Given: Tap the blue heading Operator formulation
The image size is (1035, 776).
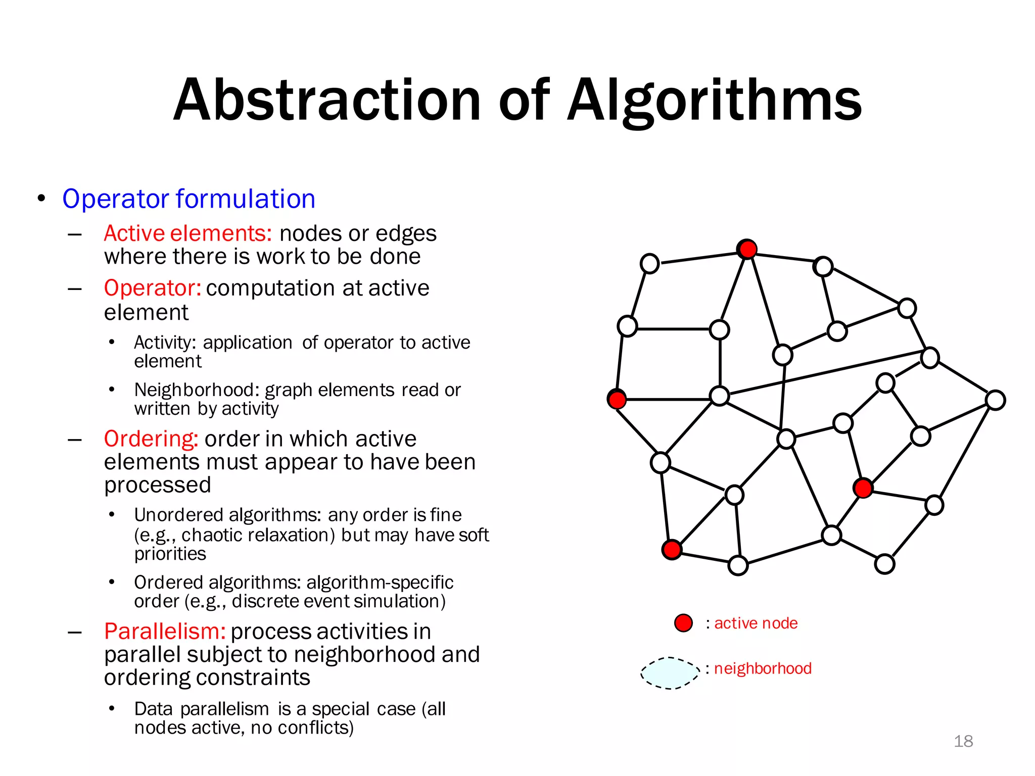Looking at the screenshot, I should pyautogui.click(x=189, y=199).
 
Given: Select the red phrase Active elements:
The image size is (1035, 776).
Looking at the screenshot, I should pyautogui.click(x=188, y=233).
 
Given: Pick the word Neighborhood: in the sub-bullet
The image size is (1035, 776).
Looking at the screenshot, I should pyautogui.click(x=197, y=390).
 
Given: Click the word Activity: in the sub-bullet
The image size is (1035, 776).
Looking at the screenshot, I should pyautogui.click(x=165, y=343).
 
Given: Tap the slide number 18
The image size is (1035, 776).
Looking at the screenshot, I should pyautogui.click(x=963, y=741).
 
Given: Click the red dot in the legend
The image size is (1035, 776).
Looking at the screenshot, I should pyautogui.click(x=683, y=623).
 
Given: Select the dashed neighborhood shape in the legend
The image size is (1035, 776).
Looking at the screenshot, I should pyautogui.click(x=670, y=673).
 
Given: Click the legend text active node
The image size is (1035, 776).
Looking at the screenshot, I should pyautogui.click(x=756, y=623).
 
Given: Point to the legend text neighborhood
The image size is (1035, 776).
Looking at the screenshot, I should pyautogui.click(x=763, y=668).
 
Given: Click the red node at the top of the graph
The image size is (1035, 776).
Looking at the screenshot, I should pyautogui.click(x=747, y=249).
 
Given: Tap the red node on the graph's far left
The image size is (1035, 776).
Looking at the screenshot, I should pyautogui.click(x=617, y=399).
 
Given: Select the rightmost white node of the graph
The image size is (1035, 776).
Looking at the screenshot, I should pyautogui.click(x=996, y=400).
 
